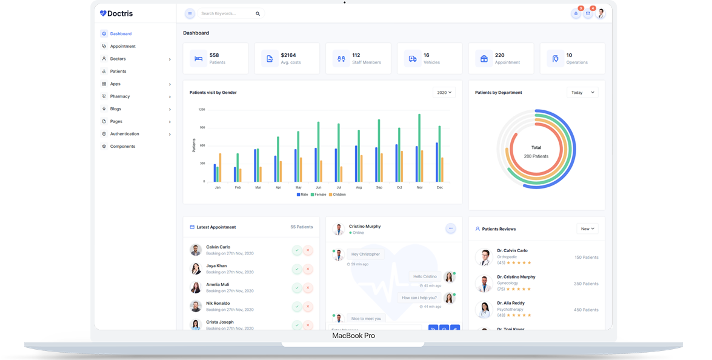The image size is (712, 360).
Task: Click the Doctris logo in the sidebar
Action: [x=116, y=13]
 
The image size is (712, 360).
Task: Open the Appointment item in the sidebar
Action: [x=122, y=46]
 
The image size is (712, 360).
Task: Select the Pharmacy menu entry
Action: [x=120, y=96]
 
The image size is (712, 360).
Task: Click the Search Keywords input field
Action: [x=225, y=13]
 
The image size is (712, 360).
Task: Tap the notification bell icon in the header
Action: [x=576, y=13]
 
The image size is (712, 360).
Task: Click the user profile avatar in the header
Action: [x=600, y=13]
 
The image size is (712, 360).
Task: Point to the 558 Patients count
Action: [x=214, y=55]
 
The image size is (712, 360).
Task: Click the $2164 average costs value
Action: [x=288, y=55]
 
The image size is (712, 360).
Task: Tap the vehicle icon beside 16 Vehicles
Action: [x=413, y=59]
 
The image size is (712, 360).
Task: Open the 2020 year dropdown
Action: [x=444, y=93]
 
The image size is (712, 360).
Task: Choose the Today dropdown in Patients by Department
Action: [x=582, y=93]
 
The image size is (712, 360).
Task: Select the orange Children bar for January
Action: [x=220, y=167]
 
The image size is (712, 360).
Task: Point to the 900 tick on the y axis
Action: [x=202, y=127]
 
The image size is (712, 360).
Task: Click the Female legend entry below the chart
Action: [x=319, y=195]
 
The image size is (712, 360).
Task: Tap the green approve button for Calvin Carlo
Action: [x=296, y=250]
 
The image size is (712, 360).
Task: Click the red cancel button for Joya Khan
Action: [x=308, y=269]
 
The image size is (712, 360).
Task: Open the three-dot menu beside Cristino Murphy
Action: [x=450, y=228]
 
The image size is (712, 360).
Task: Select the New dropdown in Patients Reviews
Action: [x=587, y=229]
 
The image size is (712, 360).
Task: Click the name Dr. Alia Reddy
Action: [x=511, y=303]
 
